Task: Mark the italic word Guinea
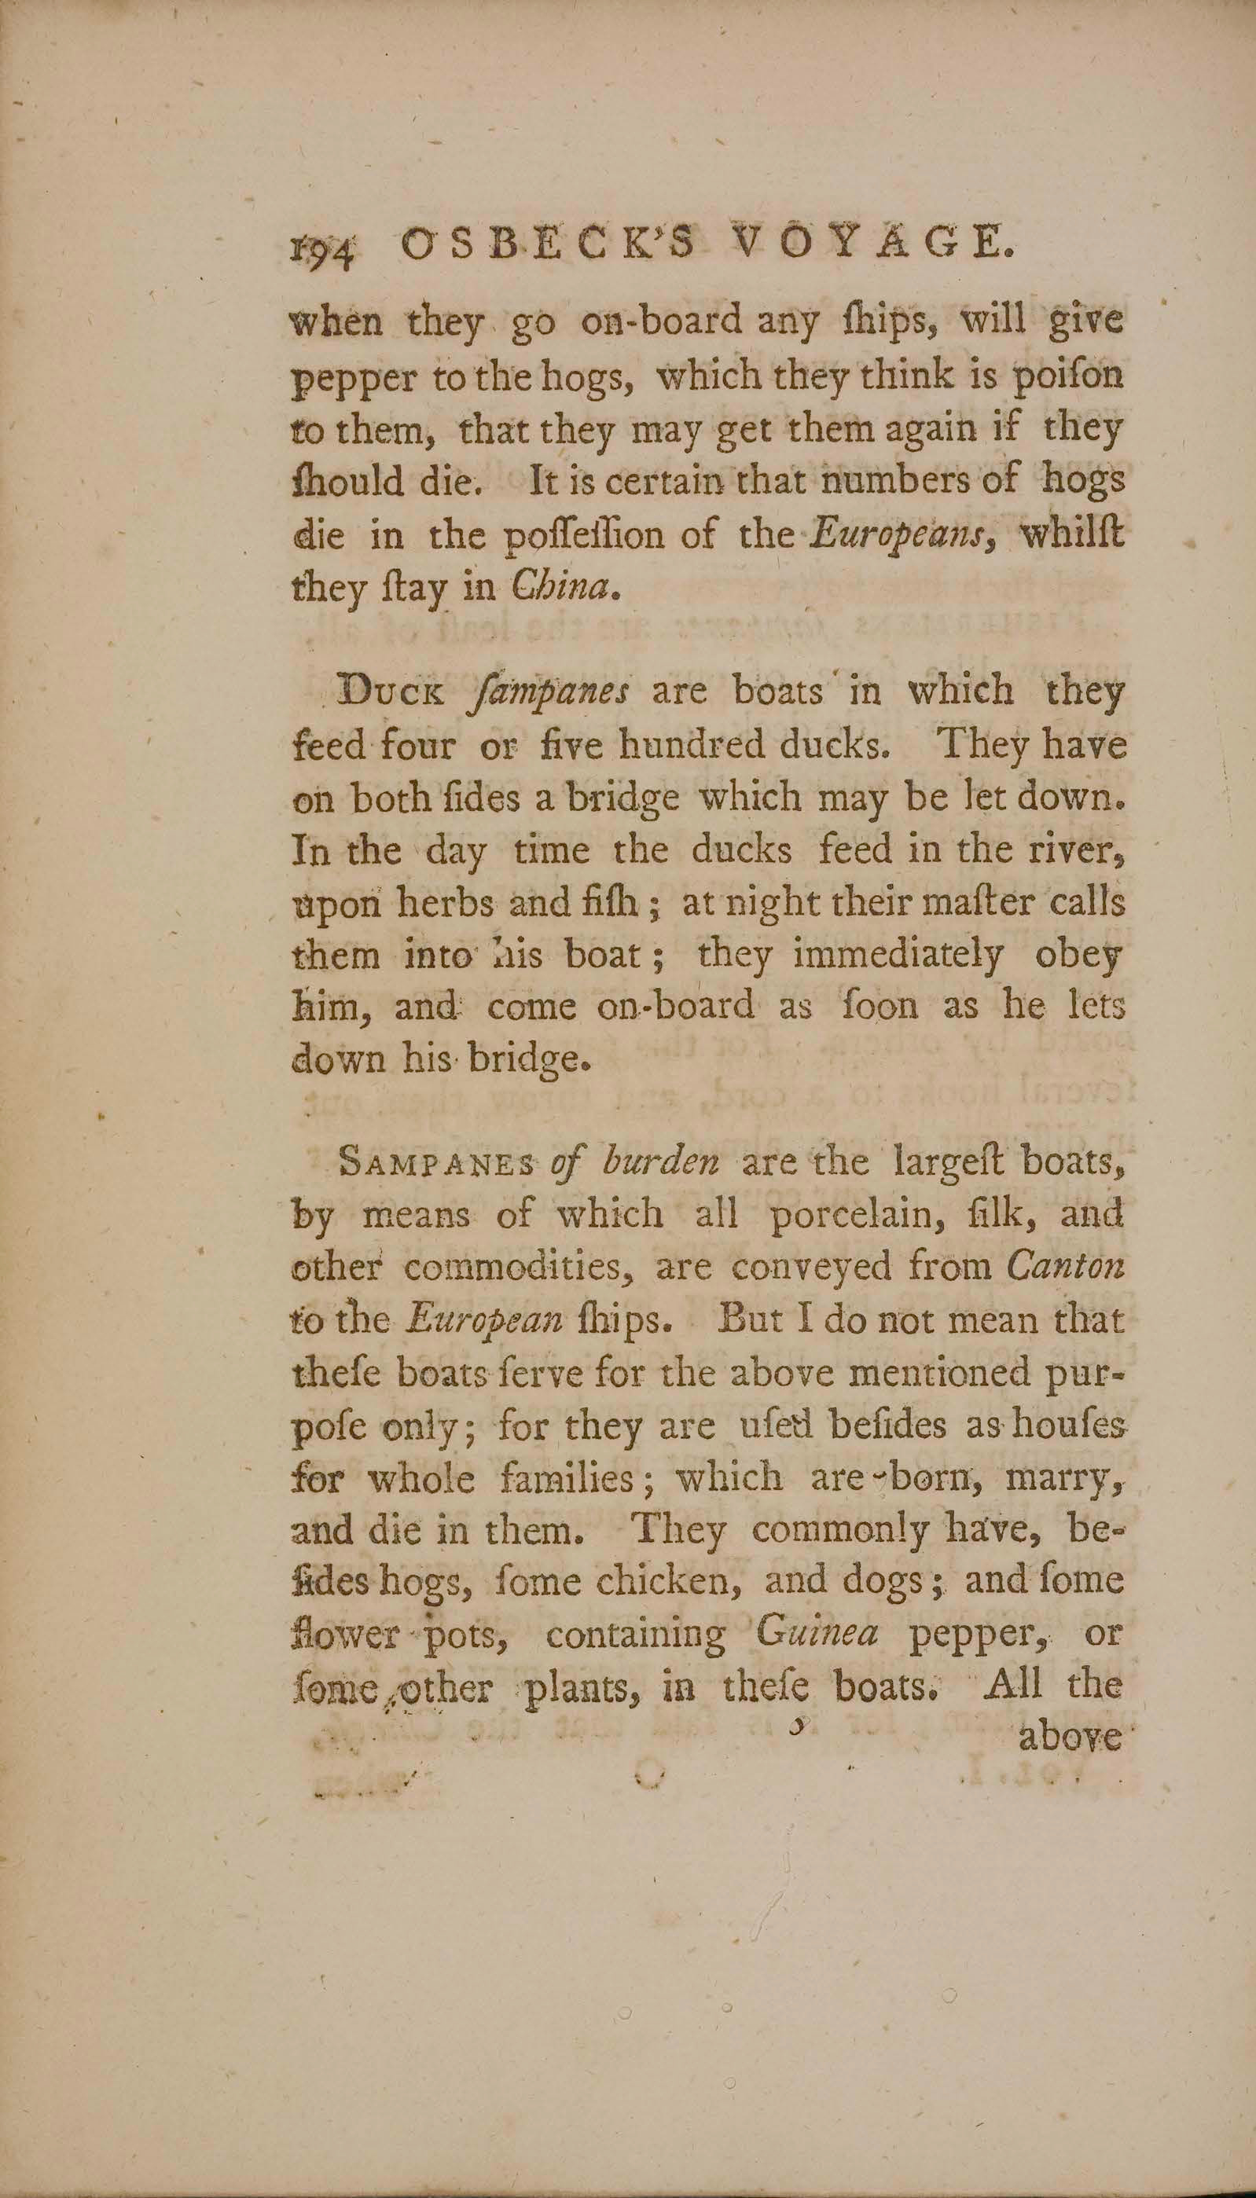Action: point(816,1634)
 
